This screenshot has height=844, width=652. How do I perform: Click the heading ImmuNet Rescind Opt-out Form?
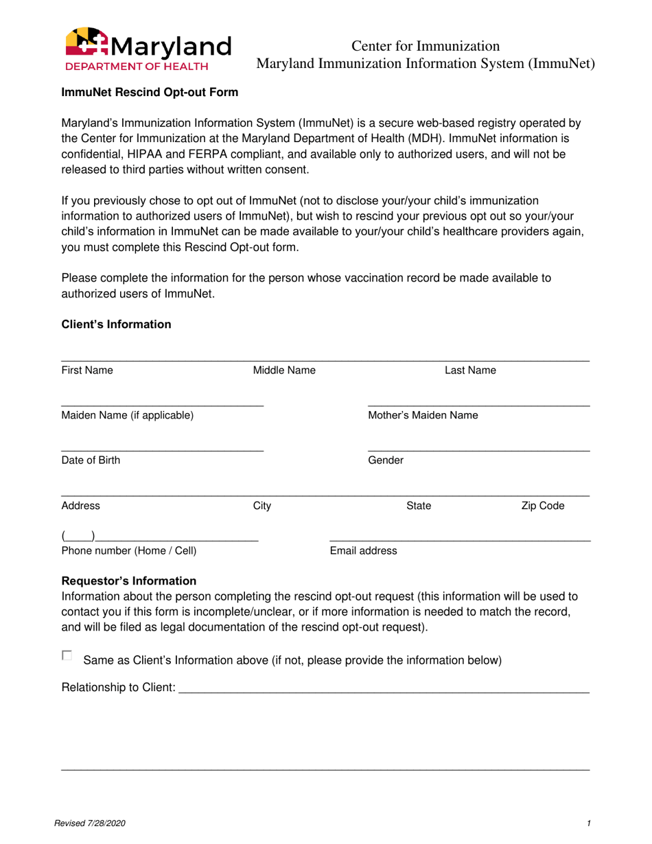tap(150, 93)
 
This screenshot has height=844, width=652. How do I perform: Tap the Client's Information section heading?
tap(116, 325)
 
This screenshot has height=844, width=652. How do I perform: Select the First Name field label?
tap(87, 371)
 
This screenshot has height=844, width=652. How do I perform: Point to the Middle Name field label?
tap(284, 371)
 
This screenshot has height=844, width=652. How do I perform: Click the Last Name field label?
tap(470, 371)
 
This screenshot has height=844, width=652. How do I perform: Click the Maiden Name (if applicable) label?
tap(128, 415)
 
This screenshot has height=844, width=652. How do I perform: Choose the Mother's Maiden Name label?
tap(423, 415)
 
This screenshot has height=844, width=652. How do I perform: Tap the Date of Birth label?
tap(91, 460)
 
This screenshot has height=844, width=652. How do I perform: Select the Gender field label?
tap(386, 460)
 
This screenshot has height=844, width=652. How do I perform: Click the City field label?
tap(262, 506)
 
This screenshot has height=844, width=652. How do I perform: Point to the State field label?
tap(419, 506)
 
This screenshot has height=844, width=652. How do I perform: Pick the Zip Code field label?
tap(543, 506)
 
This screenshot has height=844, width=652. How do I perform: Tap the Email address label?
tap(363, 551)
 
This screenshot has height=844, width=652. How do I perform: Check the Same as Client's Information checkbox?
tap(67, 655)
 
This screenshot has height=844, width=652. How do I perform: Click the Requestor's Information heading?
tap(128, 581)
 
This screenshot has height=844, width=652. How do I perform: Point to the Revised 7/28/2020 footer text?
tap(93, 823)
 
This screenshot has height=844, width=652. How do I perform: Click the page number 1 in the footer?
tap(589, 823)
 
